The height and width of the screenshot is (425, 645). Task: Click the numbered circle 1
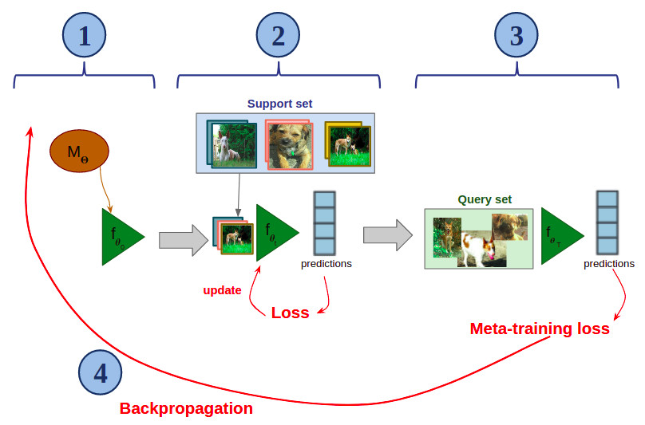point(84,35)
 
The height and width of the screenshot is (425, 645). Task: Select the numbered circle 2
point(277,35)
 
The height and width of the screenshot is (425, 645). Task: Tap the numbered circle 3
point(516,35)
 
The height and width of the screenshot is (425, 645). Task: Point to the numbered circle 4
point(100,372)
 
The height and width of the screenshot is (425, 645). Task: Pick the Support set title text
point(279,104)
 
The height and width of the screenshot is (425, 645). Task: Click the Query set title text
point(485,199)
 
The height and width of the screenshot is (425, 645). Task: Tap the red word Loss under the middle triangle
point(290,313)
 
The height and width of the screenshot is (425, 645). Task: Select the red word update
point(222,290)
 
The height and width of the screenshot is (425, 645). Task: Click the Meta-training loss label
point(540,329)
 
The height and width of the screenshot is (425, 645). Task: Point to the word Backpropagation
point(186,409)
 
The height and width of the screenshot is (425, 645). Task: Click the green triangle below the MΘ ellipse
point(120,237)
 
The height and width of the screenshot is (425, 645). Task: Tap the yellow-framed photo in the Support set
point(348,145)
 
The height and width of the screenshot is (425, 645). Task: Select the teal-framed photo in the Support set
point(231,144)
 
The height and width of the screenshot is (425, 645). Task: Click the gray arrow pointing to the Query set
point(387,235)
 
